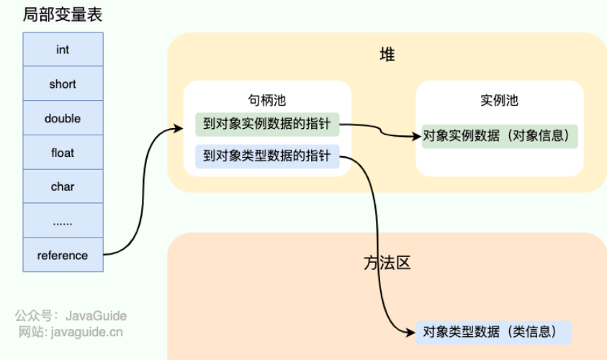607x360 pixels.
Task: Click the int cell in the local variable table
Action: [x=63, y=50]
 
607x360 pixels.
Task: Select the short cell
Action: [x=63, y=84]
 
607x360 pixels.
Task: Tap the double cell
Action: [x=63, y=118]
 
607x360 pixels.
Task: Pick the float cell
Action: [x=63, y=153]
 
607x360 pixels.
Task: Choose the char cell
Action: [x=63, y=186]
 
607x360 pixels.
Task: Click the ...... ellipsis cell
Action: [x=63, y=221]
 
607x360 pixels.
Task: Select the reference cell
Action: [x=63, y=256]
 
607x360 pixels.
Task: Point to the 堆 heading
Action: [x=387, y=55]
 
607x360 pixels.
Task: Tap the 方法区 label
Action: [x=387, y=263]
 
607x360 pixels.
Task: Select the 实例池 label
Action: [x=499, y=100]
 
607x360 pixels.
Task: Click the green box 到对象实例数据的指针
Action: [x=266, y=124]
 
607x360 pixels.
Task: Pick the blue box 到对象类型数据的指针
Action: [x=266, y=156]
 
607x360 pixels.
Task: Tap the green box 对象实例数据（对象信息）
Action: [x=500, y=135]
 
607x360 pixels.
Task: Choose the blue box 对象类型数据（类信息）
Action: [x=493, y=332]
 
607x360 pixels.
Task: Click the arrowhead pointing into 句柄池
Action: [x=179, y=130]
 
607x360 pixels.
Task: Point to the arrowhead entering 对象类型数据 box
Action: [x=411, y=332]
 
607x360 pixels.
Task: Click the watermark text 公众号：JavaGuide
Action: [x=71, y=315]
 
